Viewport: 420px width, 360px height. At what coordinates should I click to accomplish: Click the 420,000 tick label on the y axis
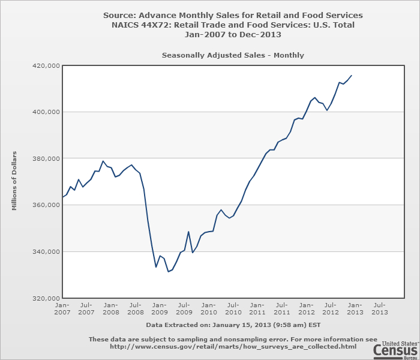click(45, 65)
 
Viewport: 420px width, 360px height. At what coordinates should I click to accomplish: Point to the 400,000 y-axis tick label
click(45, 112)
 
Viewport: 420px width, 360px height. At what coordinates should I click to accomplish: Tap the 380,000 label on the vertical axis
click(45, 158)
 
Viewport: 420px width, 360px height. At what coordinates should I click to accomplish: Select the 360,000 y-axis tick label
click(45, 205)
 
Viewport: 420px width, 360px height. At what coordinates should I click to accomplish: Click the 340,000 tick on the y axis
click(45, 252)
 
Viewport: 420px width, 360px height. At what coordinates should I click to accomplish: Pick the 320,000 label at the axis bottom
click(45, 298)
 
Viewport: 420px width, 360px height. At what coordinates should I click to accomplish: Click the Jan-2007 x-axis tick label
click(62, 308)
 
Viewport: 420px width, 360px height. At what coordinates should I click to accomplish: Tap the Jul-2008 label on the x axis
click(136, 308)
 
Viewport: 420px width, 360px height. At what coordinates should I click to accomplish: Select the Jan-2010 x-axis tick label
click(209, 308)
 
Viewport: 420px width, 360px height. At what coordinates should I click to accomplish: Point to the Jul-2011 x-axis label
click(282, 308)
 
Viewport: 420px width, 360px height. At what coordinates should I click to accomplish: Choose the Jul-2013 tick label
click(380, 308)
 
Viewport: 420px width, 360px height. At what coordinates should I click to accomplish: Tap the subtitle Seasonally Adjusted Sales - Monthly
click(233, 55)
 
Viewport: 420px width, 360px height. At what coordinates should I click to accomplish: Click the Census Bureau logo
click(395, 348)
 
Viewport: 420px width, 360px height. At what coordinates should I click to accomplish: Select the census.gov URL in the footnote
click(233, 346)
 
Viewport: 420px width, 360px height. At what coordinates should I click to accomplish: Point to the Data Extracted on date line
click(233, 324)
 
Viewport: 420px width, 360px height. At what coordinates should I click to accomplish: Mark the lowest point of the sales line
click(169, 272)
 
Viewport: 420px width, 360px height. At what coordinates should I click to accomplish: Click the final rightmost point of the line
click(352, 75)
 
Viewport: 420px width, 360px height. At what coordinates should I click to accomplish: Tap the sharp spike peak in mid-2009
click(188, 232)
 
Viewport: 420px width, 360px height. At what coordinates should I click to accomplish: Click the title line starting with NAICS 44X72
click(233, 25)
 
